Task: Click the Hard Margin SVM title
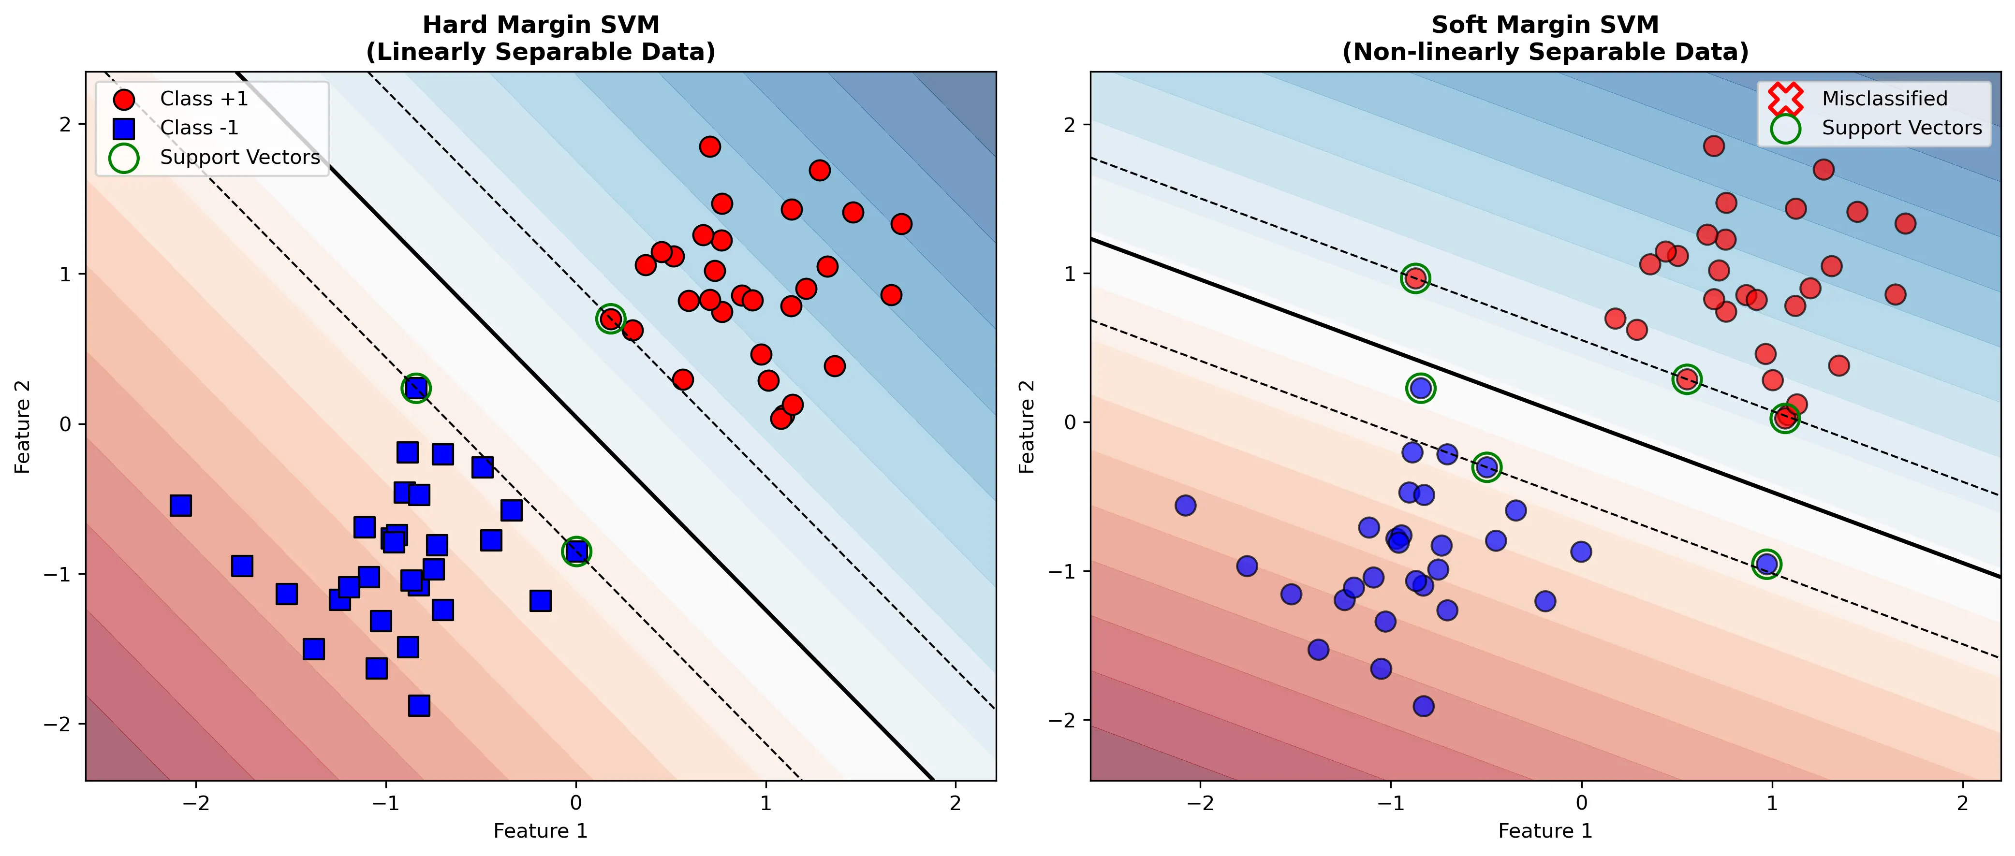pyautogui.click(x=541, y=38)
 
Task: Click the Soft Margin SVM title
pyautogui.click(x=1545, y=38)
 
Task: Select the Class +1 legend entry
pyautogui.click(x=204, y=99)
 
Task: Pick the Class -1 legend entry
pyautogui.click(x=199, y=128)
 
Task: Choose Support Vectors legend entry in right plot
pyautogui.click(x=1901, y=128)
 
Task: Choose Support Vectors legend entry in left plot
pyautogui.click(x=239, y=157)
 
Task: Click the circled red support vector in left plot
pyautogui.click(x=610, y=318)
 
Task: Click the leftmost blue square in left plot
pyautogui.click(x=181, y=505)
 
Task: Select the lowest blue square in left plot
pyautogui.click(x=418, y=706)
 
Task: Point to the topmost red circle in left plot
pyautogui.click(x=709, y=146)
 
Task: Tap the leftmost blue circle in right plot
pyautogui.click(x=1185, y=505)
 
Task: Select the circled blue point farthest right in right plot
pyautogui.click(x=1766, y=564)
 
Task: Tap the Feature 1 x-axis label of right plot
pyautogui.click(x=1545, y=831)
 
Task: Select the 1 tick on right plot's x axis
pyautogui.click(x=1772, y=803)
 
